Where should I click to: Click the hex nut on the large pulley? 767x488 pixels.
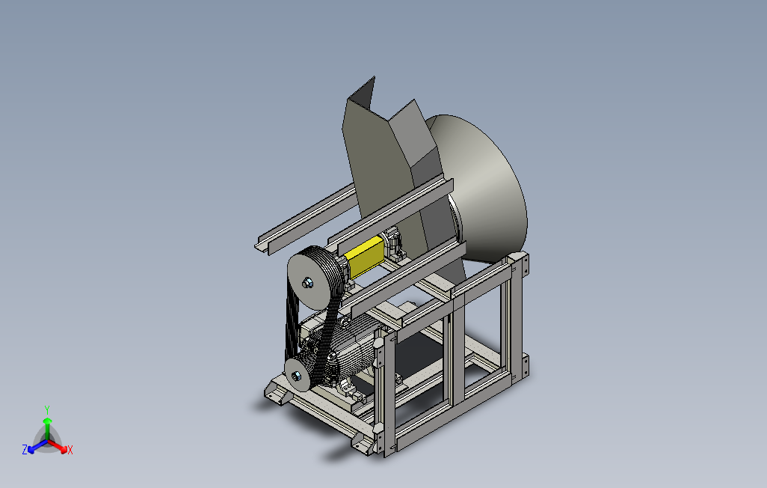point(307,283)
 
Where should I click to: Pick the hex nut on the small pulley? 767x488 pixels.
point(296,376)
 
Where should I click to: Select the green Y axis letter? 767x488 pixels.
point(47,409)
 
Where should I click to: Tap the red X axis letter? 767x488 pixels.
point(70,450)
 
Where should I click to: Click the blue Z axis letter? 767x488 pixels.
point(25,449)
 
